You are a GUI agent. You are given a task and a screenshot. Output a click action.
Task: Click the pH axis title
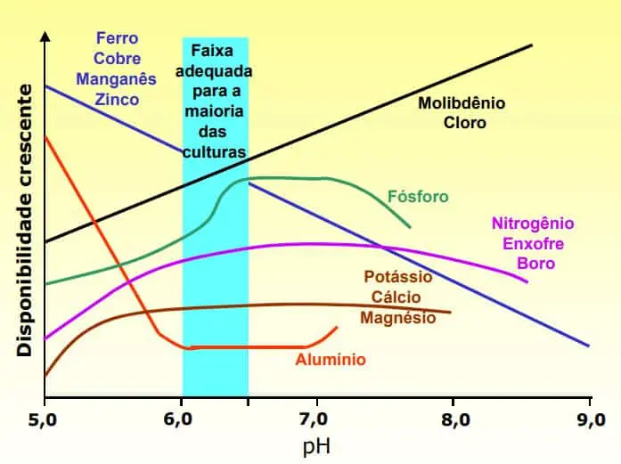pos(317,444)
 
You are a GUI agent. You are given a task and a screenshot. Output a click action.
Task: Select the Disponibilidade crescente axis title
pos(26,220)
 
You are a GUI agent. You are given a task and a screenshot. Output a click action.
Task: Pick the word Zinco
pos(116,100)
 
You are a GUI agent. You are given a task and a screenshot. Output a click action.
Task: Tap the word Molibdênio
pos(462,102)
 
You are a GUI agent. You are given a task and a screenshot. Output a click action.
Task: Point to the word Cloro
pos(465,123)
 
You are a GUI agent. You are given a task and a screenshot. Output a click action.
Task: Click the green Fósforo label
pos(418,196)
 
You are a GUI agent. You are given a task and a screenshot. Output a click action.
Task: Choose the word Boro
pos(535,264)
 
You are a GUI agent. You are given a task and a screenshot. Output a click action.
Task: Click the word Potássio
pos(398,276)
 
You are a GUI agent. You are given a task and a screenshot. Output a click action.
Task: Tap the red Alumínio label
pos(331,360)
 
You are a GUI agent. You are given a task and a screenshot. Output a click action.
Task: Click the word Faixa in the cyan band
pos(215,51)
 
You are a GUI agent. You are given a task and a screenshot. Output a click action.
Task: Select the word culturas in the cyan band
pos(214,152)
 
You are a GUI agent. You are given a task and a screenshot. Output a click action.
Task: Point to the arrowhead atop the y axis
pos(45,37)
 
